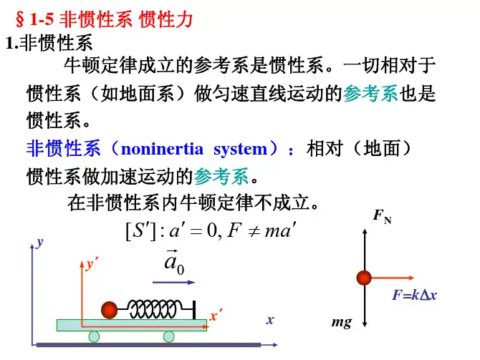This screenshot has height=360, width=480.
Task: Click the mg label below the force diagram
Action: [342, 323]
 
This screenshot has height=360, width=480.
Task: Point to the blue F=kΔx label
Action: [414, 295]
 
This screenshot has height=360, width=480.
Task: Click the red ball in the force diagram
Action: [365, 278]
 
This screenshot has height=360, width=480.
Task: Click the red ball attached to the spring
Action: [110, 309]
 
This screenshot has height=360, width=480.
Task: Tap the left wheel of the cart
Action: [94, 336]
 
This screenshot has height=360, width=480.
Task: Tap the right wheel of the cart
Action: [169, 336]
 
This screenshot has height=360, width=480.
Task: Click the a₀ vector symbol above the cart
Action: [174, 263]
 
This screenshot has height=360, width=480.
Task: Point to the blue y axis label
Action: [40, 243]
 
